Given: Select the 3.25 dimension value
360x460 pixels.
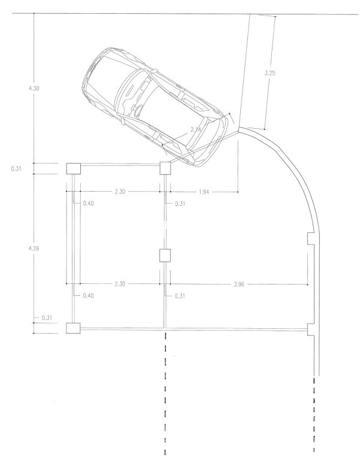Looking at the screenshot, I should click(271, 73).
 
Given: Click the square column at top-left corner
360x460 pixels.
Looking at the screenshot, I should click(72, 169).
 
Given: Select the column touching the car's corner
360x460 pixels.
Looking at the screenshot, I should click(165, 168).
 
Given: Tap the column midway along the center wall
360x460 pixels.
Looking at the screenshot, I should click(165, 256).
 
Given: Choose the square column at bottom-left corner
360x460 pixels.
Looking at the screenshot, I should click(72, 328).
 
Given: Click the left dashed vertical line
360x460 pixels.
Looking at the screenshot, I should click(165, 395).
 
